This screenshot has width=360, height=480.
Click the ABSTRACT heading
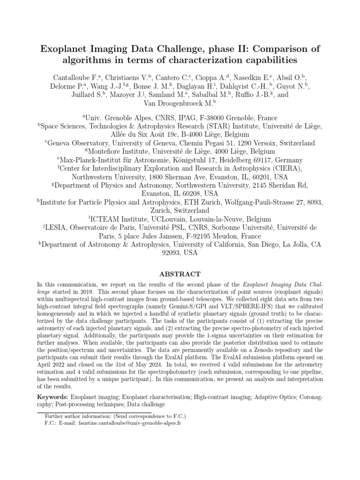(180, 274)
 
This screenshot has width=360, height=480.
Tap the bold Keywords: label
(53, 397)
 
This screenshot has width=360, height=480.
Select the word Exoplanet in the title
(62, 48)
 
